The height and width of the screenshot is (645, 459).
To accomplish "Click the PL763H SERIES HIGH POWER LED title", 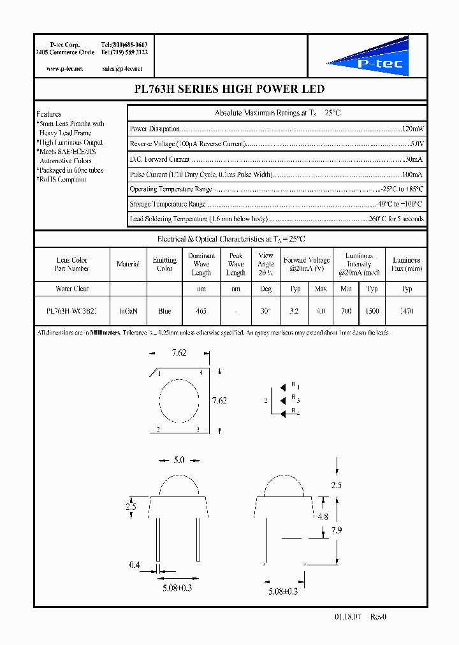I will pyautogui.click(x=230, y=89).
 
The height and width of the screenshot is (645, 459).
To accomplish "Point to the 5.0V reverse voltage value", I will pyautogui.click(x=417, y=144).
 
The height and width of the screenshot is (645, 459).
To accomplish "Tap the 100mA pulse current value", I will pyautogui.click(x=412, y=175).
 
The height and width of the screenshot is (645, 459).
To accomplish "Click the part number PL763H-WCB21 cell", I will pyautogui.click(x=71, y=312).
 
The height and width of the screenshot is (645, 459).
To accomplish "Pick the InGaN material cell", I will pyautogui.click(x=127, y=312).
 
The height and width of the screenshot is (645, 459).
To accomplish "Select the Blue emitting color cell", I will pyautogui.click(x=164, y=312).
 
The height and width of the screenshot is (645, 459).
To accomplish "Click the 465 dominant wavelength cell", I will pyautogui.click(x=201, y=312).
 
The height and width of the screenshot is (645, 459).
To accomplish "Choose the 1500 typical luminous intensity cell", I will pyautogui.click(x=372, y=312).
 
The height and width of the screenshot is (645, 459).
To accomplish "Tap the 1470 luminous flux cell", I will pyautogui.click(x=406, y=312).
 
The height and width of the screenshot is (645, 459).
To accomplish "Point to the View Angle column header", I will pyautogui.click(x=266, y=265).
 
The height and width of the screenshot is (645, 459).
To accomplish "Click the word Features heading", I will pyautogui.click(x=49, y=114).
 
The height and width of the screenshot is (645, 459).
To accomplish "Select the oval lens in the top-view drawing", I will pyautogui.click(x=178, y=401).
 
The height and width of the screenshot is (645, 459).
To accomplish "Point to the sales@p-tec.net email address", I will pyautogui.click(x=122, y=68).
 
